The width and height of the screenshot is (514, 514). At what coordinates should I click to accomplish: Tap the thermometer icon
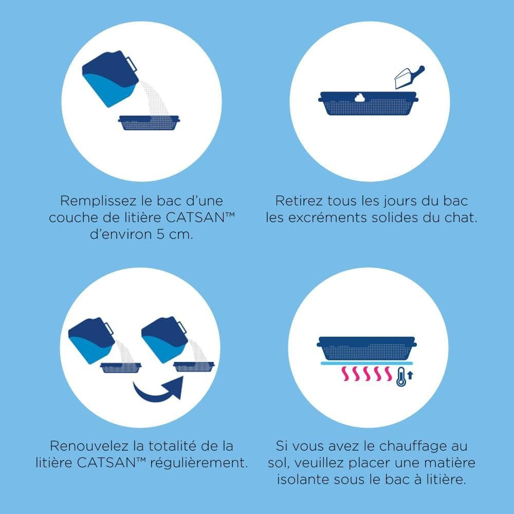(x=400, y=377)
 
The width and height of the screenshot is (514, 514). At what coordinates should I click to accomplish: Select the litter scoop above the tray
(x=409, y=77)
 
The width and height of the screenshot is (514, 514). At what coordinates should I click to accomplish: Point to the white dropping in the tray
(x=360, y=98)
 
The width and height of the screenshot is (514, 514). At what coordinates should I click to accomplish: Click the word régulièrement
(x=198, y=463)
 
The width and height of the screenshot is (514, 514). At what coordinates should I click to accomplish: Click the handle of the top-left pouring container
(x=132, y=64)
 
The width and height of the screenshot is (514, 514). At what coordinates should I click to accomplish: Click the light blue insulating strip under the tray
(x=366, y=363)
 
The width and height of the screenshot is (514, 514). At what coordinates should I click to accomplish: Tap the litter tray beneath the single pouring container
(x=149, y=123)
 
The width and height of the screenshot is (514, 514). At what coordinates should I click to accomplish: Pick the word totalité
(x=175, y=446)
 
